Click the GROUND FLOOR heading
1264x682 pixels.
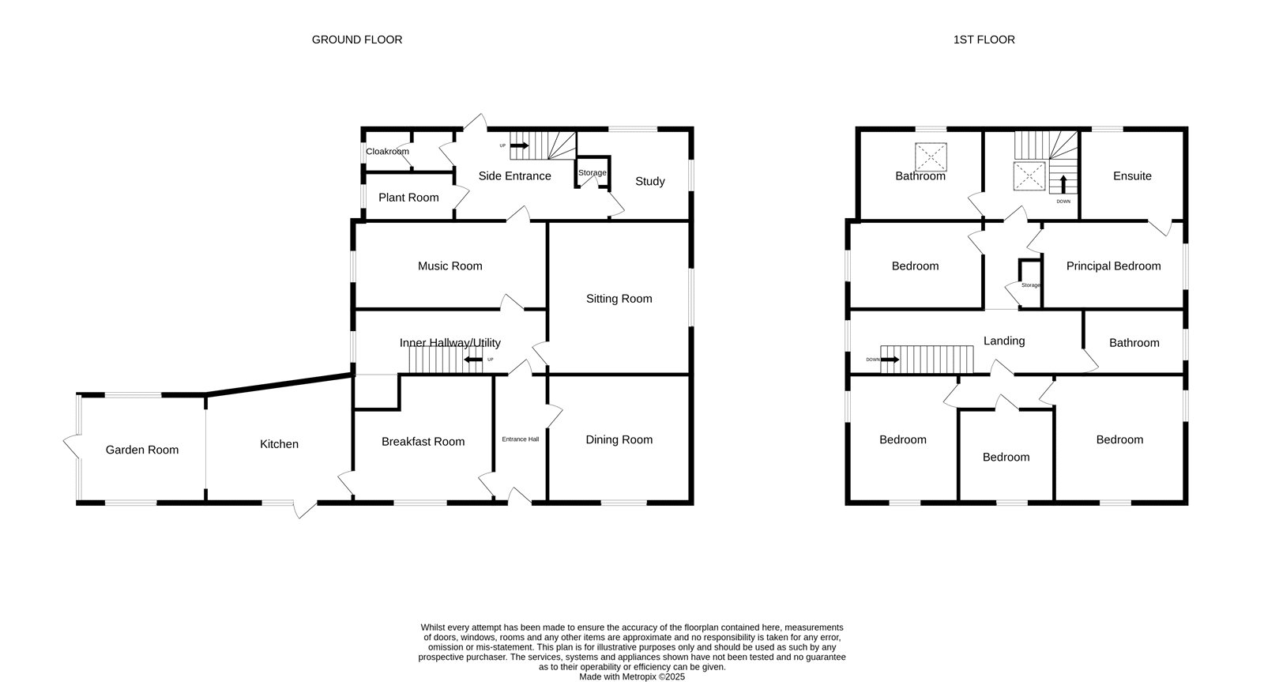(356, 40)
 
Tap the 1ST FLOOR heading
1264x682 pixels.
(984, 40)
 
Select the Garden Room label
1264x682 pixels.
(141, 450)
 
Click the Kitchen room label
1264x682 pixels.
(279, 444)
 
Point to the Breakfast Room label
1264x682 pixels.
(423, 442)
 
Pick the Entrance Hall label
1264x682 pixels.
(521, 439)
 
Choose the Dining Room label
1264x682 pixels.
(619, 439)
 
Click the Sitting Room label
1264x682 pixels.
(619, 299)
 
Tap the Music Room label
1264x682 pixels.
(450, 266)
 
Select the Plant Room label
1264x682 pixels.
(408, 198)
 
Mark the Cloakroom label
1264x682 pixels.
(387, 151)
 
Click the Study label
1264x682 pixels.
(649, 181)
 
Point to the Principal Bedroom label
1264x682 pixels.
(1113, 266)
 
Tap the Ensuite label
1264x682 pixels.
(1132, 176)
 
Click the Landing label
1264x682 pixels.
(1004, 341)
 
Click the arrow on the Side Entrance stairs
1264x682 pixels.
(520, 145)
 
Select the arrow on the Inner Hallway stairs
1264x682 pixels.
(473, 360)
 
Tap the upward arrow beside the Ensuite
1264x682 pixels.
(1063, 185)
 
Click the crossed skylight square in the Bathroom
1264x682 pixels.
(931, 157)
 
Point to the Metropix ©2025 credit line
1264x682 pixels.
(632, 677)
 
